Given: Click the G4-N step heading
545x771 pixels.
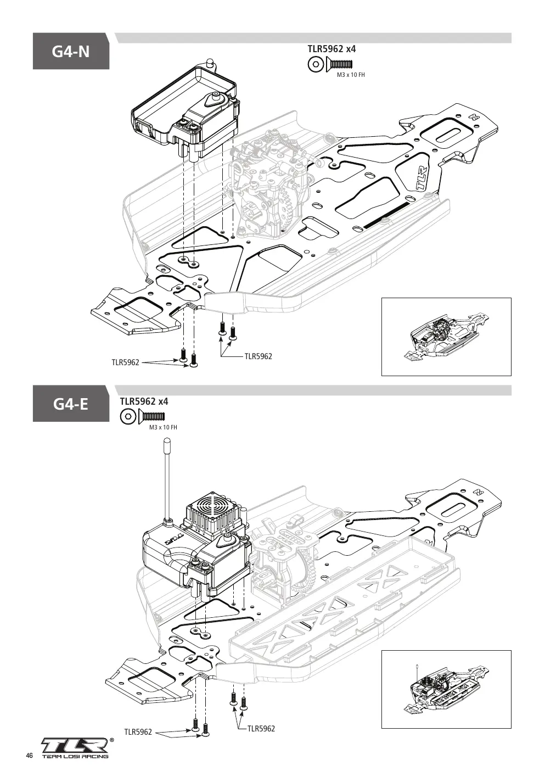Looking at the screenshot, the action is [x=71, y=52].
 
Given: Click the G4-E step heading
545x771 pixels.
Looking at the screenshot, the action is [x=71, y=404].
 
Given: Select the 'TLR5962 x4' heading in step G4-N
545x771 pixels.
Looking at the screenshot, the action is [x=332, y=49].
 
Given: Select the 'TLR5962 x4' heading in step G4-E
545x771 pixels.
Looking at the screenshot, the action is [x=144, y=401].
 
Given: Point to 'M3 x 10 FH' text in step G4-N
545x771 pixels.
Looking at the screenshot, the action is [x=351, y=75].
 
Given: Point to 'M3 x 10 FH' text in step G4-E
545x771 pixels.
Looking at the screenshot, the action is [x=163, y=427].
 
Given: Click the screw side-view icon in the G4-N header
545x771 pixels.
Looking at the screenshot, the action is [x=339, y=64].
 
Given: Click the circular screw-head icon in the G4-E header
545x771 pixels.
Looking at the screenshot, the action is [x=127, y=416].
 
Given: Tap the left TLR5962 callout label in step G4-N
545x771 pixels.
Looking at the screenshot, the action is [x=125, y=362].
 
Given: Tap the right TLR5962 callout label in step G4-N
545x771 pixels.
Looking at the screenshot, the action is [x=258, y=356].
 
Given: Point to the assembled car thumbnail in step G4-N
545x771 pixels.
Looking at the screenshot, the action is [x=446, y=336].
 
